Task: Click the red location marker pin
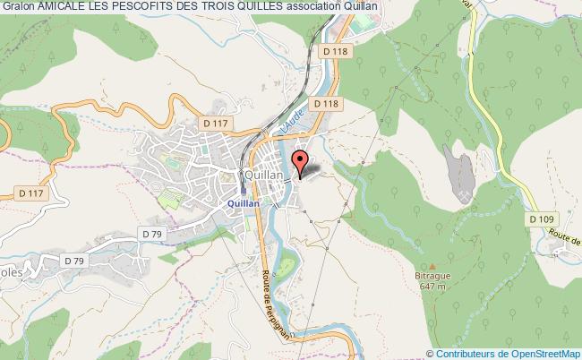pyautogui.click(x=302, y=161)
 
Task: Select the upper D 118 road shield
pyautogui.click(x=338, y=53)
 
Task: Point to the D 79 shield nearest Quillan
pyautogui.click(x=150, y=235)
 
